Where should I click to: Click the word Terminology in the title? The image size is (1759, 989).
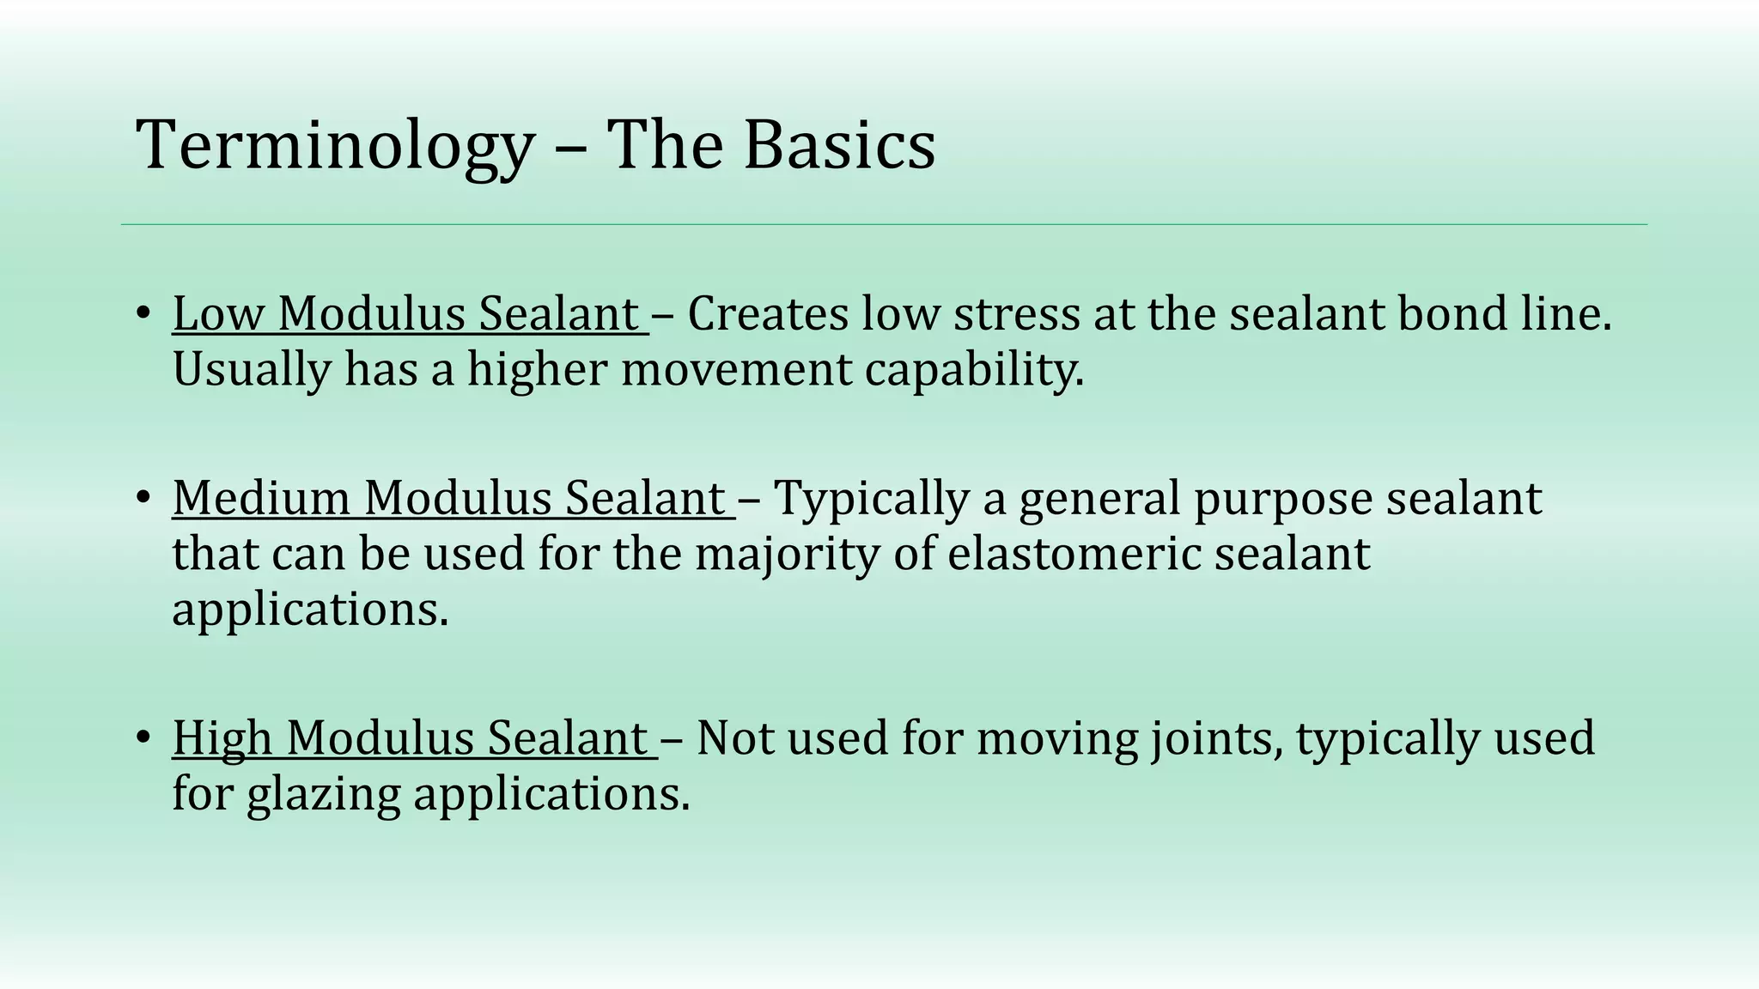(335, 146)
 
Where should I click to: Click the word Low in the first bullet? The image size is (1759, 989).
(217, 313)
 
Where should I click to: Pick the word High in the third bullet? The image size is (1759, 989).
(222, 737)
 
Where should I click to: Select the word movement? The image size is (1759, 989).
(736, 369)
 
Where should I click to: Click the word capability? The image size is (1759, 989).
(974, 371)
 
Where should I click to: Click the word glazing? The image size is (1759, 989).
(323, 795)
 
